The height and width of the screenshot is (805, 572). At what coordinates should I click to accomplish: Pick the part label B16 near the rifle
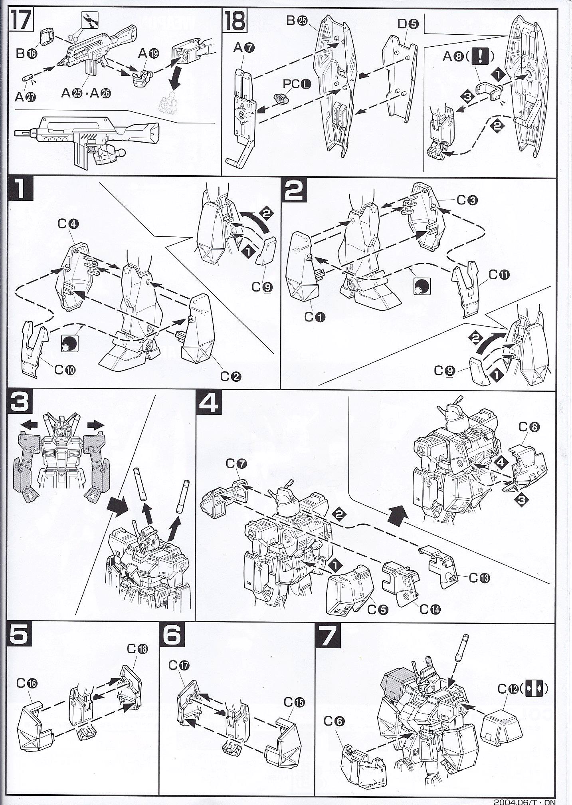click(26, 54)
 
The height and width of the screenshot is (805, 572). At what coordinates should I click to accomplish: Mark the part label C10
click(65, 370)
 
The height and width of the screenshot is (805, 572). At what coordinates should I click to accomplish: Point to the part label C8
click(529, 427)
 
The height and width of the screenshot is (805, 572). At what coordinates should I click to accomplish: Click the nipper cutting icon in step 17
click(90, 19)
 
